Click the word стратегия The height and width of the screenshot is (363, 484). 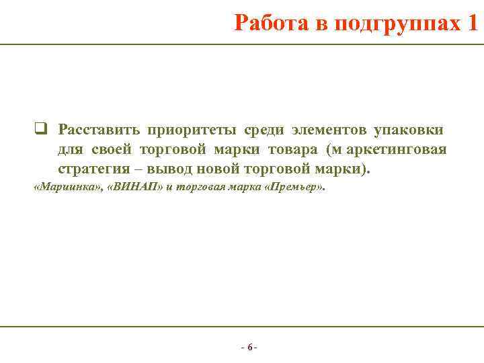[91, 168]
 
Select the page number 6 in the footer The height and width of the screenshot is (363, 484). [249, 348]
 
